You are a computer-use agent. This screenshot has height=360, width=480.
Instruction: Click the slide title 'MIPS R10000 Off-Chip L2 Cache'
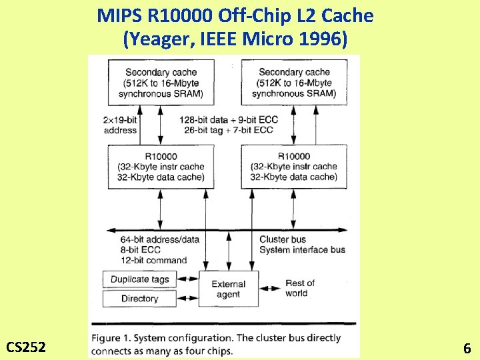pos(235,15)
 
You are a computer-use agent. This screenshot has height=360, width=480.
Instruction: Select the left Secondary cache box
pos(161,83)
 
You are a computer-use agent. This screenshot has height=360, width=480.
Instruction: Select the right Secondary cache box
pos(294,83)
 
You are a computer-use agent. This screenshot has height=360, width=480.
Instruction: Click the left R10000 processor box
pos(161,167)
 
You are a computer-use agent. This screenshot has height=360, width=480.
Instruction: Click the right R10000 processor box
pos(294,167)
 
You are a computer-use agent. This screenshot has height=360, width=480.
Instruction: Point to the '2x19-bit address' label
pos(121,125)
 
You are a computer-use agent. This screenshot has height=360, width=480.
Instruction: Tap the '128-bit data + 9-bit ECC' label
pos(229,119)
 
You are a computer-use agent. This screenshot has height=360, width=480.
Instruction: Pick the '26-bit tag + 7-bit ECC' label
pos(227,130)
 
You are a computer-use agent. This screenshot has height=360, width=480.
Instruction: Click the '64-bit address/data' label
pos(160,239)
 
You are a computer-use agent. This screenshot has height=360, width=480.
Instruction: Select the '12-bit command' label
pos(154,260)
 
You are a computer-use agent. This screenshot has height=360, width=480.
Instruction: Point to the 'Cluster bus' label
pos(283,239)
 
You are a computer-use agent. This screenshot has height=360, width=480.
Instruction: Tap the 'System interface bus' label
pos(302,250)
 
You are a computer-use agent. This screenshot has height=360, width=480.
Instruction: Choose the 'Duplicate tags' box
pos(139,279)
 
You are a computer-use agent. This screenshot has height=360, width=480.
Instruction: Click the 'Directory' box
pos(139,299)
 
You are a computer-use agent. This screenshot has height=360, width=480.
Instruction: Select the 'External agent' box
pos(229,289)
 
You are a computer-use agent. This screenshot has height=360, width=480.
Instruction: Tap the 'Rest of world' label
pos(299,288)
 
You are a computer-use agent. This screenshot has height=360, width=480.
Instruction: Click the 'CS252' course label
pos(26,347)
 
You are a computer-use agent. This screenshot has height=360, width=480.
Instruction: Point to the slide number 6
pos(467,347)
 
